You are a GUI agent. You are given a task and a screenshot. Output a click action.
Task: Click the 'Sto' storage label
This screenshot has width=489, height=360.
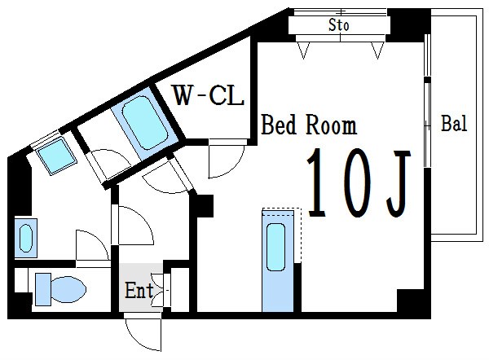pyautogui.click(x=339, y=25)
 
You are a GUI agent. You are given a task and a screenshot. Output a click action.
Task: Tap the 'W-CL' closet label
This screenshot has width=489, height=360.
pyautogui.click(x=209, y=95)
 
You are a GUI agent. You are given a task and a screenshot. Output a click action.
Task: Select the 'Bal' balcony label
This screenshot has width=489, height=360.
pyautogui.click(x=454, y=123)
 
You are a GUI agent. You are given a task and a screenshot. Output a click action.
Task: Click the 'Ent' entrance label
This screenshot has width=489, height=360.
pyautogui.click(x=139, y=290)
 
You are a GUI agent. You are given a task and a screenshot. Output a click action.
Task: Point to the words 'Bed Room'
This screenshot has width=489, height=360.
pyautogui.click(x=309, y=125)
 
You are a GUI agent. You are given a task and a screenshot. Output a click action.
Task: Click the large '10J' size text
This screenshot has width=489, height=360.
pyautogui.click(x=359, y=184)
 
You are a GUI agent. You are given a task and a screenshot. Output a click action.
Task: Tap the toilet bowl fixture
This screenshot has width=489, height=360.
pyautogui.click(x=68, y=289)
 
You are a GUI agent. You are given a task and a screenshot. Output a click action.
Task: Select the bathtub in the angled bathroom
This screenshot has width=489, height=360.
pyautogui.click(x=145, y=122)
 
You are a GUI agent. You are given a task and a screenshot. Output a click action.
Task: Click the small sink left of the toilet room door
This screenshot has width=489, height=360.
pyautogui.click(x=26, y=239)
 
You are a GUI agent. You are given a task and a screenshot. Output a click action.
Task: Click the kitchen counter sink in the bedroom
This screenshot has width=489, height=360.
pyautogui.click(x=276, y=247)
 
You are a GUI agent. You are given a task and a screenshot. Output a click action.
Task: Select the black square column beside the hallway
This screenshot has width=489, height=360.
pyautogui.click(x=202, y=206)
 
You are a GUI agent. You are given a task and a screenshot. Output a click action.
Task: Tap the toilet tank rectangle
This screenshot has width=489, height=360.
pyautogui.click(x=43, y=289)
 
